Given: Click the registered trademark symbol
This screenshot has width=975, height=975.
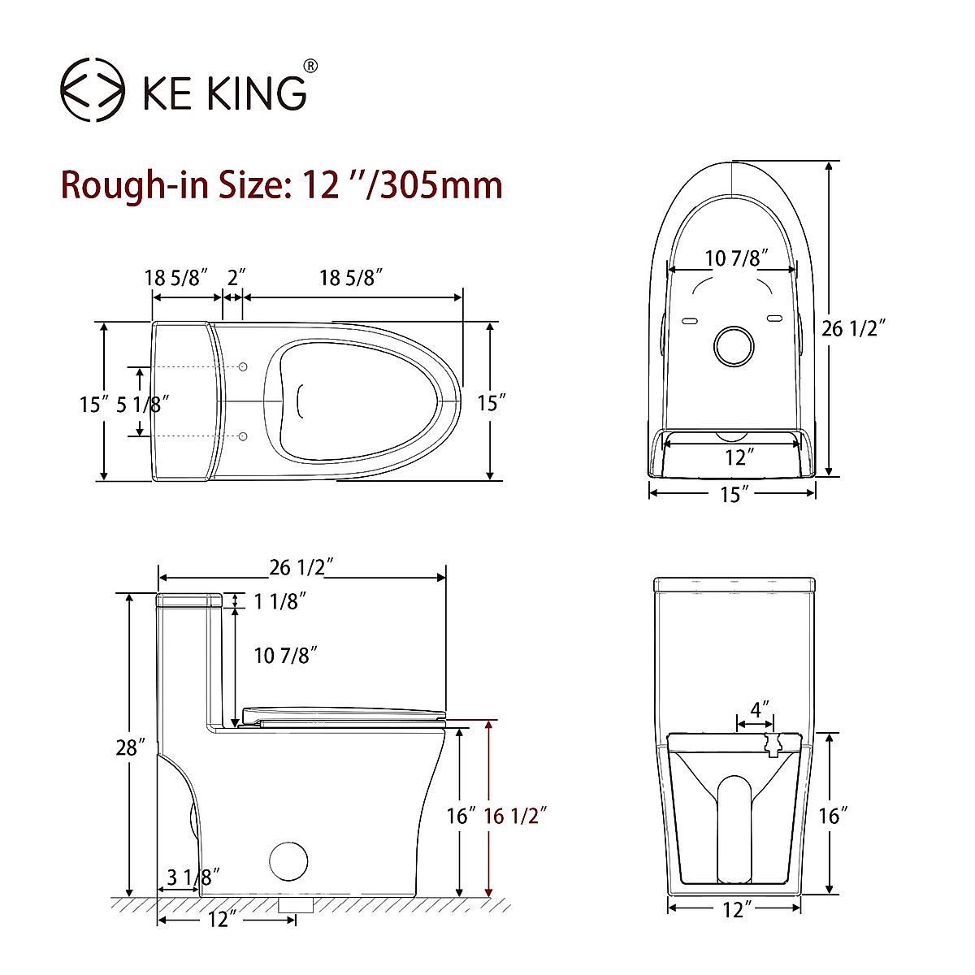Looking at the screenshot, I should [310, 66].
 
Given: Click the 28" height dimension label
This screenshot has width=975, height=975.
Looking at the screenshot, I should [130, 747].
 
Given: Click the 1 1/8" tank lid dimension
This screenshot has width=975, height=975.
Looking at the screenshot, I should [279, 601].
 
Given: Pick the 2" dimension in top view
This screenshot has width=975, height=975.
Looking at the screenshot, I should [236, 277].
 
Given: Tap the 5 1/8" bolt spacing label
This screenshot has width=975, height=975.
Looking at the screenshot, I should [143, 404].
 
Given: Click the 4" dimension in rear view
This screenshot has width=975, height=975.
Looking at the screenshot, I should [760, 708].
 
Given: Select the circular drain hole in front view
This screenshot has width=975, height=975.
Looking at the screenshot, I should [734, 346].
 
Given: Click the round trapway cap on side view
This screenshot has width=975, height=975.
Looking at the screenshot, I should [288, 860].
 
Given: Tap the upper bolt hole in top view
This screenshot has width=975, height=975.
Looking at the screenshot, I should [242, 368].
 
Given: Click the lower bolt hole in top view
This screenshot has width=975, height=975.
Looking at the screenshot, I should [242, 437].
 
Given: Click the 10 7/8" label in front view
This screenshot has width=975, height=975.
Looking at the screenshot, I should [735, 259].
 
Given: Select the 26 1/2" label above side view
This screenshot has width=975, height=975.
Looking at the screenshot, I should [302, 566].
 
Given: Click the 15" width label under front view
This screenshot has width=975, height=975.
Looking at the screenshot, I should [733, 493].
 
